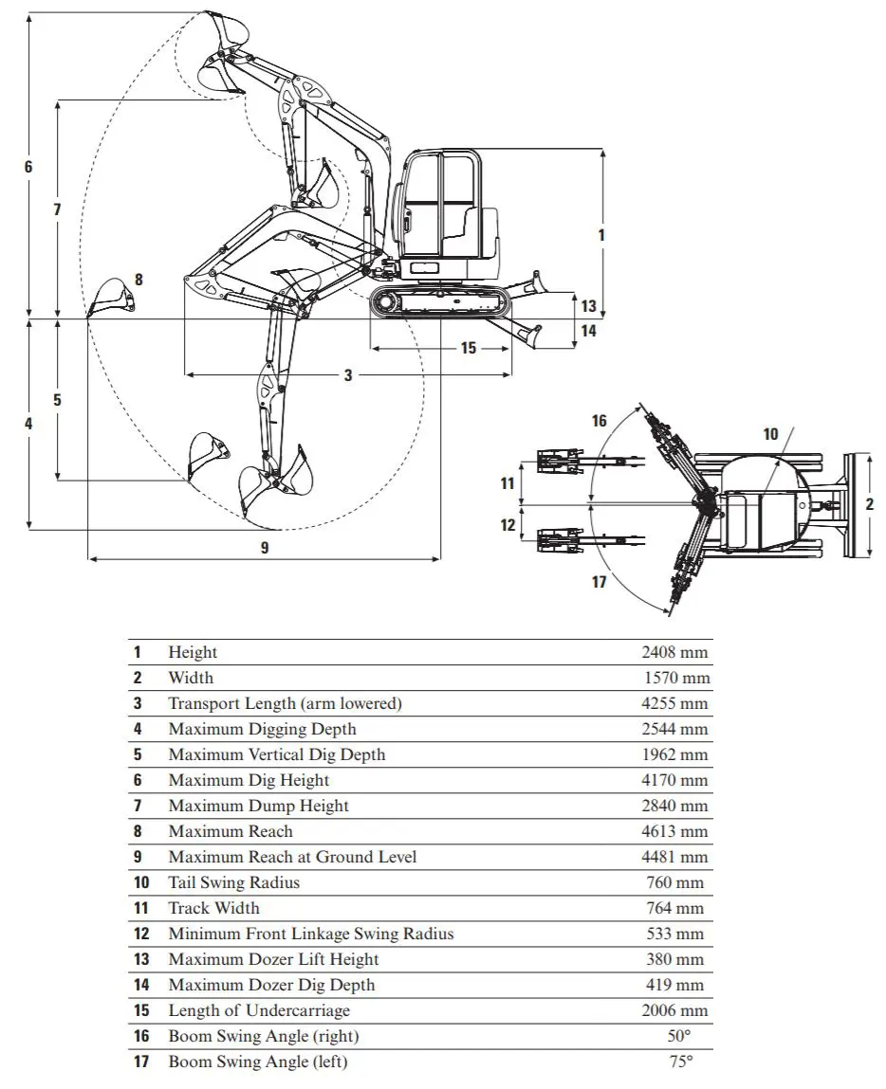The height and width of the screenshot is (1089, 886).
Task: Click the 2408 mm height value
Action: (x=674, y=652)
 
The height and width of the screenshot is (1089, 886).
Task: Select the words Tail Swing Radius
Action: (x=234, y=882)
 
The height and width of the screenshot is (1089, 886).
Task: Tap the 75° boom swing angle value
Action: (x=680, y=1062)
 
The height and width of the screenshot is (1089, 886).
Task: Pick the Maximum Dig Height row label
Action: (x=249, y=780)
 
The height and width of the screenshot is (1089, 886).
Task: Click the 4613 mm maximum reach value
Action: (x=674, y=831)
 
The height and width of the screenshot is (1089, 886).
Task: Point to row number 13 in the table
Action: (x=141, y=959)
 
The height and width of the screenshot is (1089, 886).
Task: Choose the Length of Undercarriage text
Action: (x=259, y=1010)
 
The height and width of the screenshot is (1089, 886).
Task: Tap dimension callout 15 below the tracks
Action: (x=469, y=348)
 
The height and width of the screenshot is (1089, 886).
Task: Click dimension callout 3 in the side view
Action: (x=348, y=375)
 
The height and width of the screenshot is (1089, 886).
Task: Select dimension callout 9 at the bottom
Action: (x=264, y=548)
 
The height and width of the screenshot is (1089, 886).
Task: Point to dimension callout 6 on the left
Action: (x=28, y=167)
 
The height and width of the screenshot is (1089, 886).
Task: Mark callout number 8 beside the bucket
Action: (x=139, y=280)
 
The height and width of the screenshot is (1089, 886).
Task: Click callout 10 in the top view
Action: (x=770, y=434)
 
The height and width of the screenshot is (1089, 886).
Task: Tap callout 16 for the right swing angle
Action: (x=599, y=421)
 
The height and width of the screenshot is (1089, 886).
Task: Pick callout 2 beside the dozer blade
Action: (x=869, y=504)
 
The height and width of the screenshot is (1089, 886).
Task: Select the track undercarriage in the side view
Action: (x=440, y=302)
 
